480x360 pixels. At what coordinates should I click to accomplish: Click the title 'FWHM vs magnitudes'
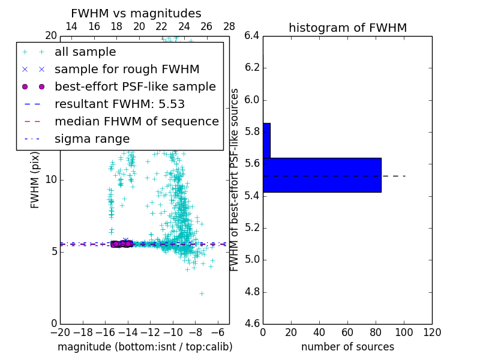(136, 14)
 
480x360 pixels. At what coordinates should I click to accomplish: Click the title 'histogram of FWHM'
(347, 28)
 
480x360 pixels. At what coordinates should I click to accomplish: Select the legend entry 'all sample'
(85, 52)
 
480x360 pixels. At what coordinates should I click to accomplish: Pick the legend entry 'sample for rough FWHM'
(127, 70)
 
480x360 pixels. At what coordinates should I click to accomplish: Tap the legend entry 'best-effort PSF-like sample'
(135, 87)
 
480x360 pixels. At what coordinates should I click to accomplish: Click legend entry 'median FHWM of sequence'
(136, 122)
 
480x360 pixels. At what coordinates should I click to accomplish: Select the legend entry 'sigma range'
(92, 139)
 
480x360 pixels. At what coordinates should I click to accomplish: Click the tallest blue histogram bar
(322, 175)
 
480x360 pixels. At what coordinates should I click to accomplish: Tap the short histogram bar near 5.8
(266, 140)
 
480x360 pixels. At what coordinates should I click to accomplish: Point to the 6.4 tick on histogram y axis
(253, 36)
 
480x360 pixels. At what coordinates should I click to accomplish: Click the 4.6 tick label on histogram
(253, 324)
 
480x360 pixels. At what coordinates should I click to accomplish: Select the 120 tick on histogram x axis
(431, 332)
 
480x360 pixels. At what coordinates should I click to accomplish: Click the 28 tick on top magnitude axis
(229, 26)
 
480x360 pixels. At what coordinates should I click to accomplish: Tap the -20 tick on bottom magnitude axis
(60, 332)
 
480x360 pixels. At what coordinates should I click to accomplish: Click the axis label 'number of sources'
(347, 347)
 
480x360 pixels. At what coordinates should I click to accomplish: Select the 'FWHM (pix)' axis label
(35, 180)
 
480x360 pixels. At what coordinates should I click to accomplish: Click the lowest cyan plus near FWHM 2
(202, 293)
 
